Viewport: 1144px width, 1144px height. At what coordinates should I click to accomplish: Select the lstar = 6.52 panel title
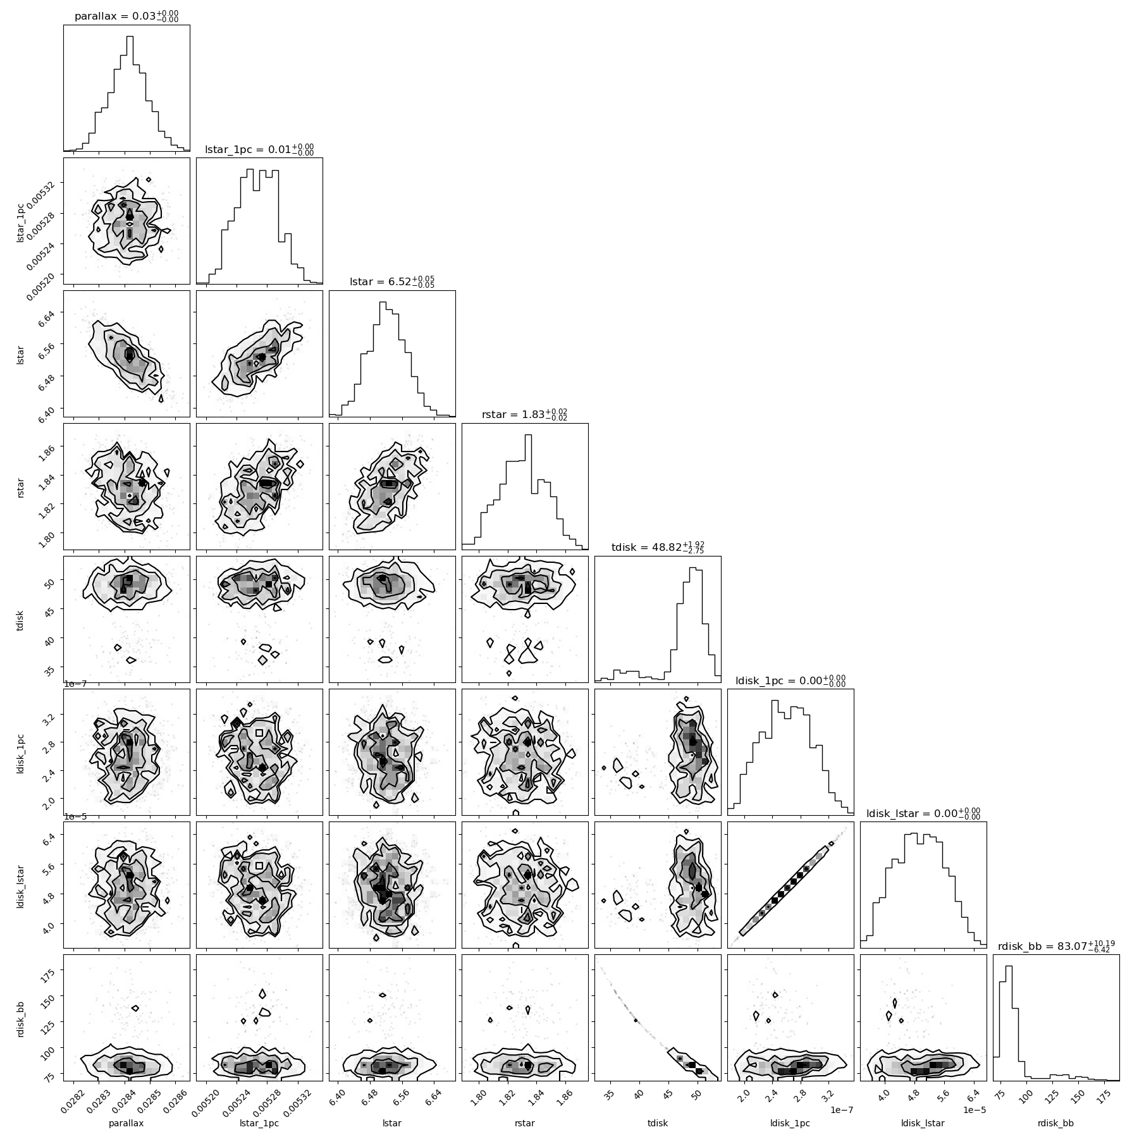pos(392,282)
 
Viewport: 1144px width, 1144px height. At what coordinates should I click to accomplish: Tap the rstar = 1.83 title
pos(525,415)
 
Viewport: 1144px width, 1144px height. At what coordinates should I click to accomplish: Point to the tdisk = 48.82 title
pos(658,548)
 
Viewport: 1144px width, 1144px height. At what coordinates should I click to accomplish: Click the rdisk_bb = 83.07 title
pos(1056,946)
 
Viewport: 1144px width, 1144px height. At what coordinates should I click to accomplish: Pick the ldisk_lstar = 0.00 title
pos(923,813)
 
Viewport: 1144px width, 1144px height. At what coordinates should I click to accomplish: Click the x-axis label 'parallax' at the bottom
pos(126,1123)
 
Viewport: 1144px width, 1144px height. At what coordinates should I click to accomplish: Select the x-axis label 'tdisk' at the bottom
pos(658,1123)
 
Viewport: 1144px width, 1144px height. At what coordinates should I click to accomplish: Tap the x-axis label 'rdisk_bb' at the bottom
pos(1056,1123)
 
